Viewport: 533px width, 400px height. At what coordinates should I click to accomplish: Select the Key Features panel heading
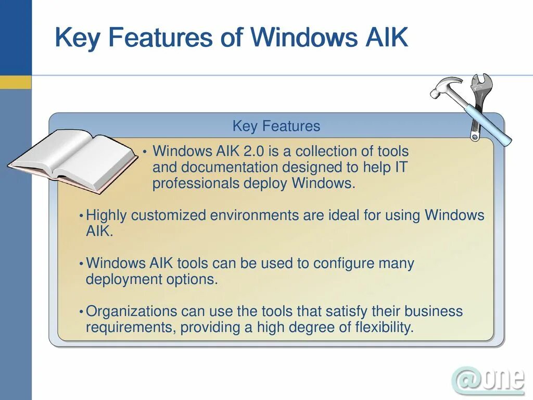276,126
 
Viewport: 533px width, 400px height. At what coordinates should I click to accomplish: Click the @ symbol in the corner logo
466,380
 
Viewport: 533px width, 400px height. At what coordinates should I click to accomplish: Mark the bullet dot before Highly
81,216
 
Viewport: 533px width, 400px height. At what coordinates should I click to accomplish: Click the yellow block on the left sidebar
16,82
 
